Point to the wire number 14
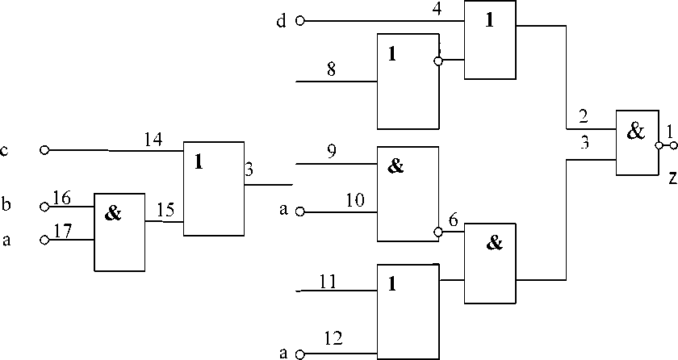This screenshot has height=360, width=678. coord(153,139)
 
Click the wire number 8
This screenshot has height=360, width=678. coord(330,70)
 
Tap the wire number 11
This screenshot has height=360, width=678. coord(327,281)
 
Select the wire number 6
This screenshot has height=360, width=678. coord(453,220)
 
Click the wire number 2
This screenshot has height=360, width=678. coord(582,115)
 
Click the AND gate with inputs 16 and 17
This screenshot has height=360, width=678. coord(119,232)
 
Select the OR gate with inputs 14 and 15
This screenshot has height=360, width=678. coord(214,189)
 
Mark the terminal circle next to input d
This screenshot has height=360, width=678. coord(299,21)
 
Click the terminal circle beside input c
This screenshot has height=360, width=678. coord(44,150)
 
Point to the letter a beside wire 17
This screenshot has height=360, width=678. coord(6,240)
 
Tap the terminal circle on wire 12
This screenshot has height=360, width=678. coord(299,354)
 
